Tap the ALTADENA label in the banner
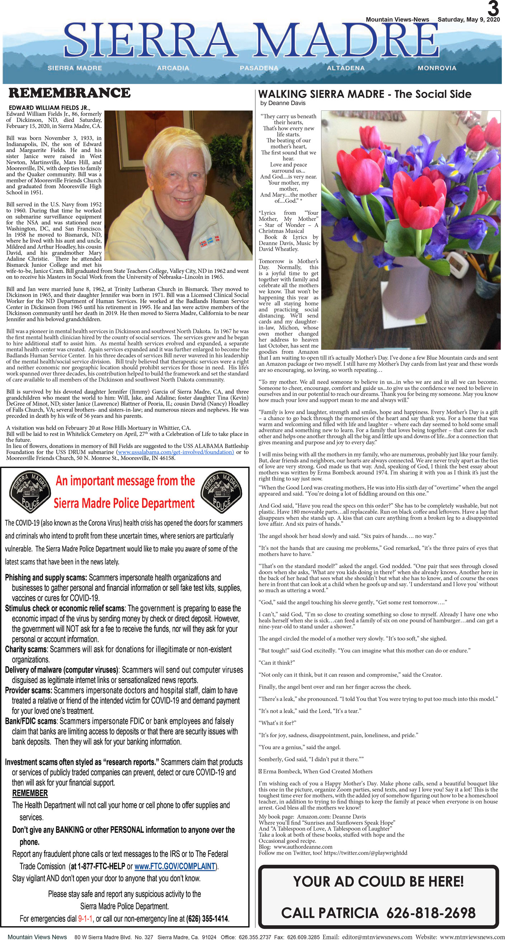(345, 68)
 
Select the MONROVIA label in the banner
(437, 68)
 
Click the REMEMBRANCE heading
(69, 93)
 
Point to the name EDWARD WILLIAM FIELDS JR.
(49, 108)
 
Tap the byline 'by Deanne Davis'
(283, 103)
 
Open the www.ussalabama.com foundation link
(175, 452)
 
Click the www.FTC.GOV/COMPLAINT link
(175, 866)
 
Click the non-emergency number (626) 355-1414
(207, 918)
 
